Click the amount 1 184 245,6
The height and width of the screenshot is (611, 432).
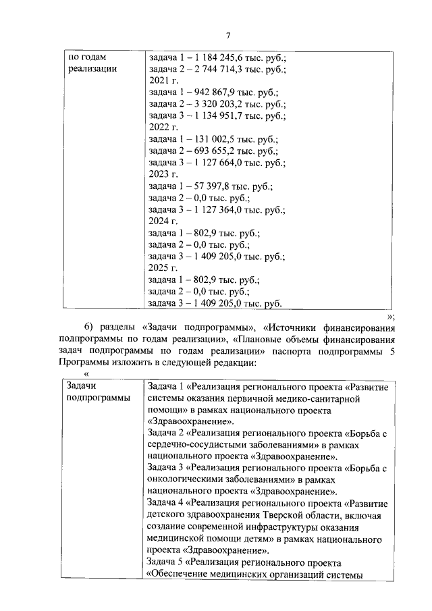(x=216, y=57)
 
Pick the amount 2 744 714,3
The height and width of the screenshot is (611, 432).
(x=216, y=69)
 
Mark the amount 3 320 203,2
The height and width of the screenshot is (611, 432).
(x=216, y=104)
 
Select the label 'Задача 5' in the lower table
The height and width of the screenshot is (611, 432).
(x=166, y=562)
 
